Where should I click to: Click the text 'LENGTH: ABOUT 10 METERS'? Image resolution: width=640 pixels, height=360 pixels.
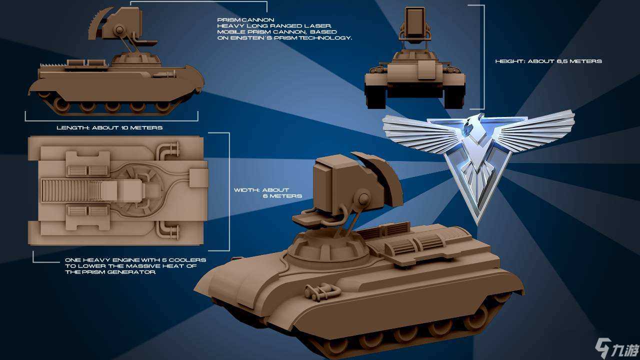click(109, 127)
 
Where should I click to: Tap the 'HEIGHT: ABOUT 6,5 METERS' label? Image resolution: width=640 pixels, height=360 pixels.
click(548, 61)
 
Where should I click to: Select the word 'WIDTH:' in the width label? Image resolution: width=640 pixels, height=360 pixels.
click(246, 190)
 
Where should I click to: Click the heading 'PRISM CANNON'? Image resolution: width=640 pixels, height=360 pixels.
click(245, 20)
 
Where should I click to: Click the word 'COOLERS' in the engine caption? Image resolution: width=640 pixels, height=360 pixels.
click(187, 260)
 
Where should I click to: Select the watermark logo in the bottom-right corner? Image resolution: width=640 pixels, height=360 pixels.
click(617, 347)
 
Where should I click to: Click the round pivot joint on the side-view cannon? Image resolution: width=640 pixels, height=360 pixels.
click(119, 29)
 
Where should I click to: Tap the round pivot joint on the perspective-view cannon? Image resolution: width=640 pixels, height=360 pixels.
click(363, 199)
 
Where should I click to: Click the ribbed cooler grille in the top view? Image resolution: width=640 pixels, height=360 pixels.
click(71, 190)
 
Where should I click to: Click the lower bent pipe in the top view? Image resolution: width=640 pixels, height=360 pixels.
click(168, 230)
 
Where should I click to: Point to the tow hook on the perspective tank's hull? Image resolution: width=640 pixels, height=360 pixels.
click(322, 291)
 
